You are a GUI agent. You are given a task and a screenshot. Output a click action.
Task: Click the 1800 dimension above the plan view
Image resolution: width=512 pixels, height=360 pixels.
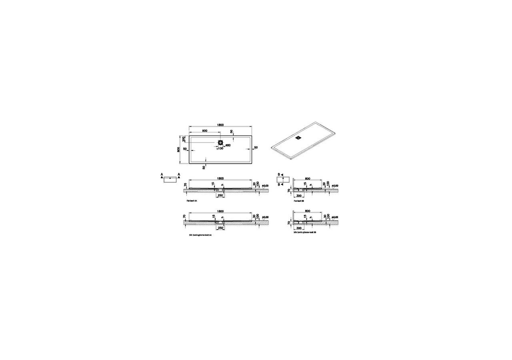(220, 125)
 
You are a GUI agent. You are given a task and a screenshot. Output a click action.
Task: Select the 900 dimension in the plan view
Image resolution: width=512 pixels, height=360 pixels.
(204, 131)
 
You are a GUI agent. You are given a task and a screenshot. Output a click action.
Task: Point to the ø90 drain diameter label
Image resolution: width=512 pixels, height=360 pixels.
(228, 145)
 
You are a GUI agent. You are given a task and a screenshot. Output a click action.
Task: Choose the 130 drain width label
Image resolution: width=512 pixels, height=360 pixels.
(220, 148)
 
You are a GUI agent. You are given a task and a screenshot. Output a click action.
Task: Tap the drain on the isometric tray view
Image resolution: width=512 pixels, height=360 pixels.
(298, 138)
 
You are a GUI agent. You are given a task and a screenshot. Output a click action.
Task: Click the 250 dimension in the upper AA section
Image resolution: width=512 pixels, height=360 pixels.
(220, 195)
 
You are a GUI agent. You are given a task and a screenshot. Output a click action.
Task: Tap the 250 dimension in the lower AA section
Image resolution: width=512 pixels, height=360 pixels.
(220, 228)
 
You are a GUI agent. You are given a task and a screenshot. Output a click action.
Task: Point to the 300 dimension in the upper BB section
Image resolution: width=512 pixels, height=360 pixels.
(299, 195)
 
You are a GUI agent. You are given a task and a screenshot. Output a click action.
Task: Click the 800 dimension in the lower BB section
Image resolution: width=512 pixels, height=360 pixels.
(308, 211)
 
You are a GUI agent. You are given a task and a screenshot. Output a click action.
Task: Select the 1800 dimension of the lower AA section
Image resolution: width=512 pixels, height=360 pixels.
(220, 211)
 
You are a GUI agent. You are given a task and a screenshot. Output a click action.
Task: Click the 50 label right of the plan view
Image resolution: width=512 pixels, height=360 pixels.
(256, 148)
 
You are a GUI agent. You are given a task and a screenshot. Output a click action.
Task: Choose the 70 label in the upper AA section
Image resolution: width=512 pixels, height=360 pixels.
(185, 185)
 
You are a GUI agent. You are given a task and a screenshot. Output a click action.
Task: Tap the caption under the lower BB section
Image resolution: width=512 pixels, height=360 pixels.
(305, 232)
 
